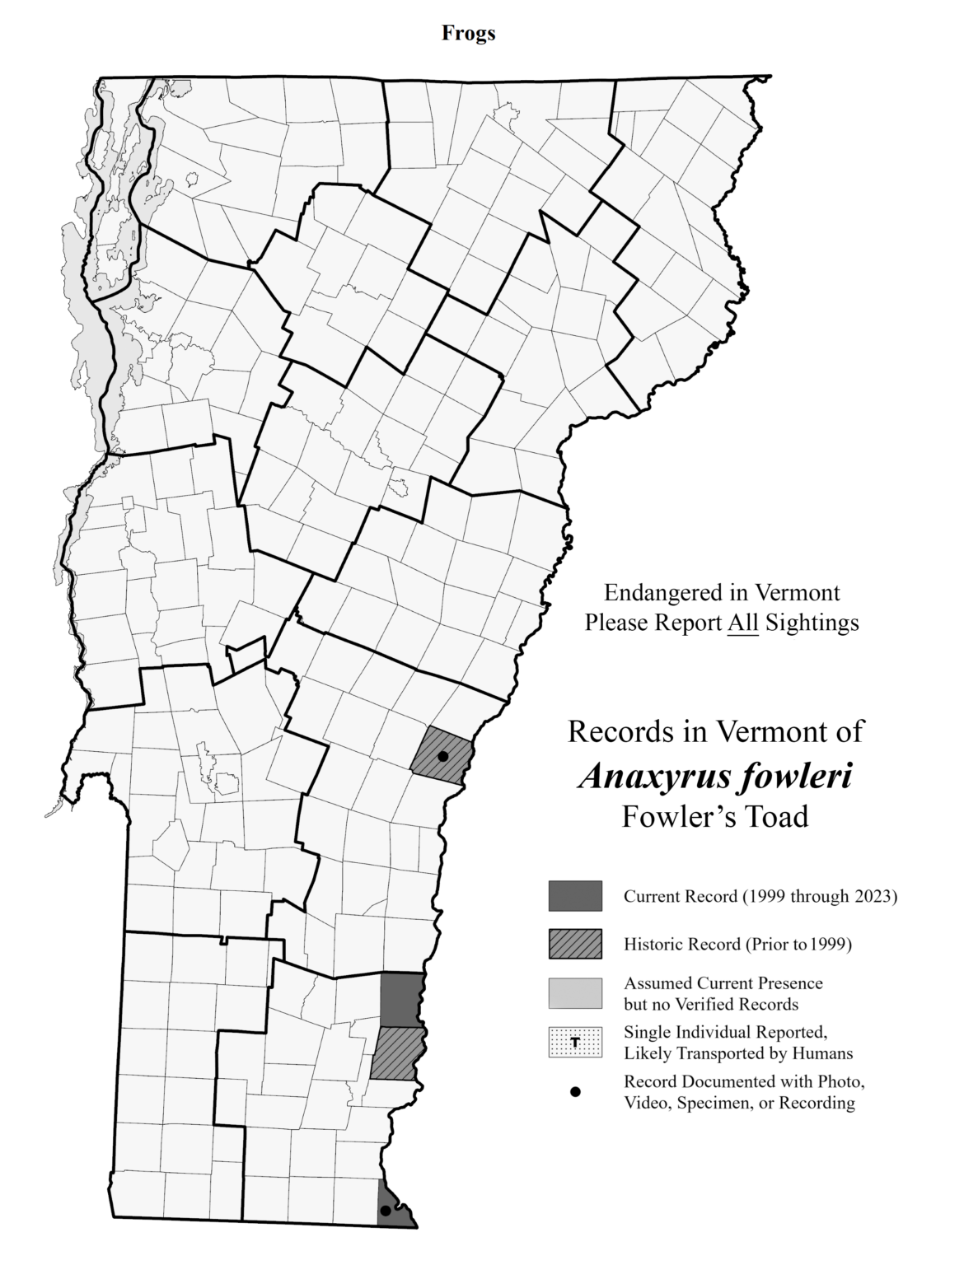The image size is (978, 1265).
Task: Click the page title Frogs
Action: (x=468, y=33)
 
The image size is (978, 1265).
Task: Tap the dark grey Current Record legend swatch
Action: (x=575, y=896)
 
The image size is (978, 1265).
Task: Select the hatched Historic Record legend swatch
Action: (x=575, y=944)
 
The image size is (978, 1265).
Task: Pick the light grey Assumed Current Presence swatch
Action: (x=575, y=993)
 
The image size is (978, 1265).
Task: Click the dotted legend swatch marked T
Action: (x=575, y=1042)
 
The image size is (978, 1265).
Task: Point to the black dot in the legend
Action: (x=575, y=1092)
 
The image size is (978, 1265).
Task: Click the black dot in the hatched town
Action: (x=442, y=756)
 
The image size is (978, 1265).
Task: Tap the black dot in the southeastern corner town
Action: (x=385, y=1211)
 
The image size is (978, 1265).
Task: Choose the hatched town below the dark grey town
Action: (x=398, y=1053)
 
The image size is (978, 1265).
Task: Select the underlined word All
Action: (x=742, y=623)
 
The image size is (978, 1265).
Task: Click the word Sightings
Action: (x=812, y=623)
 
